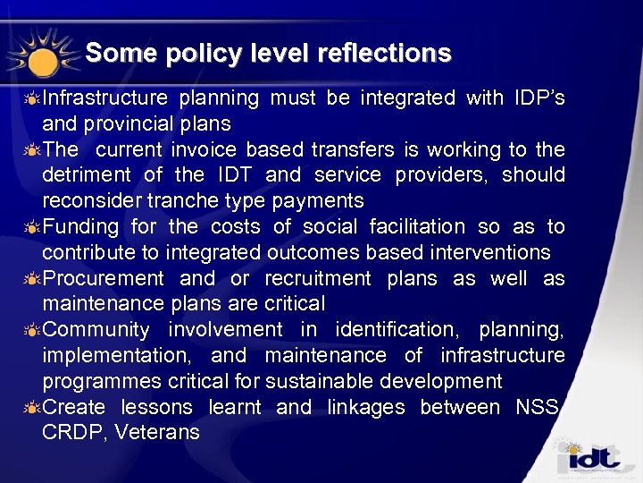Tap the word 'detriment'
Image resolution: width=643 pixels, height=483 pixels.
88,174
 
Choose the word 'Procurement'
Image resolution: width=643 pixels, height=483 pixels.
104,278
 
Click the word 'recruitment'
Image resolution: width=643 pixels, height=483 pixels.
319,278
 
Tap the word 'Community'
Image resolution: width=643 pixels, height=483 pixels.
96,330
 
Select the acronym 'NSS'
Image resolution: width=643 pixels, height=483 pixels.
537,408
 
